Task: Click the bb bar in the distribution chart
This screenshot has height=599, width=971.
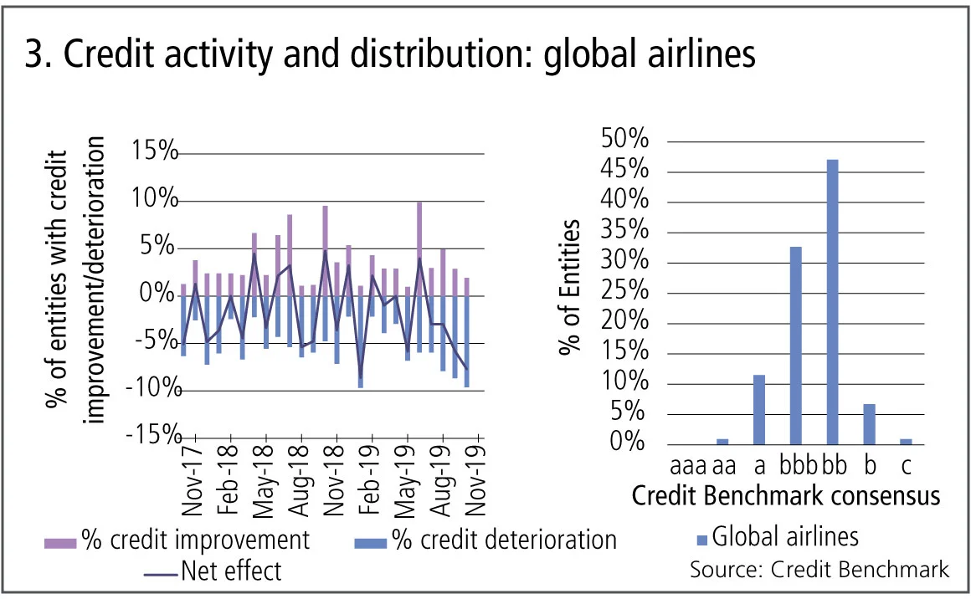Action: pos(832,301)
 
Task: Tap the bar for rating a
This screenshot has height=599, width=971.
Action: pos(759,409)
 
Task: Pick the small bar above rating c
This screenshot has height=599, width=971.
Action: pos(906,441)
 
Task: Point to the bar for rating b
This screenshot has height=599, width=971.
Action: pos(869,423)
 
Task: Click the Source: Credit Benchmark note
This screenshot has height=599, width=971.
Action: pos(819,570)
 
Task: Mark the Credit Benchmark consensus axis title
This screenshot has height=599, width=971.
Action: pos(786,496)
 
